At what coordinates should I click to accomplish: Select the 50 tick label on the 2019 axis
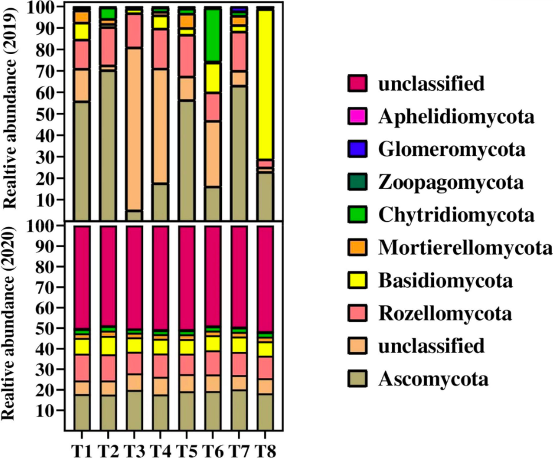click(49, 114)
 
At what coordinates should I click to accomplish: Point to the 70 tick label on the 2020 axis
click(49, 287)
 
